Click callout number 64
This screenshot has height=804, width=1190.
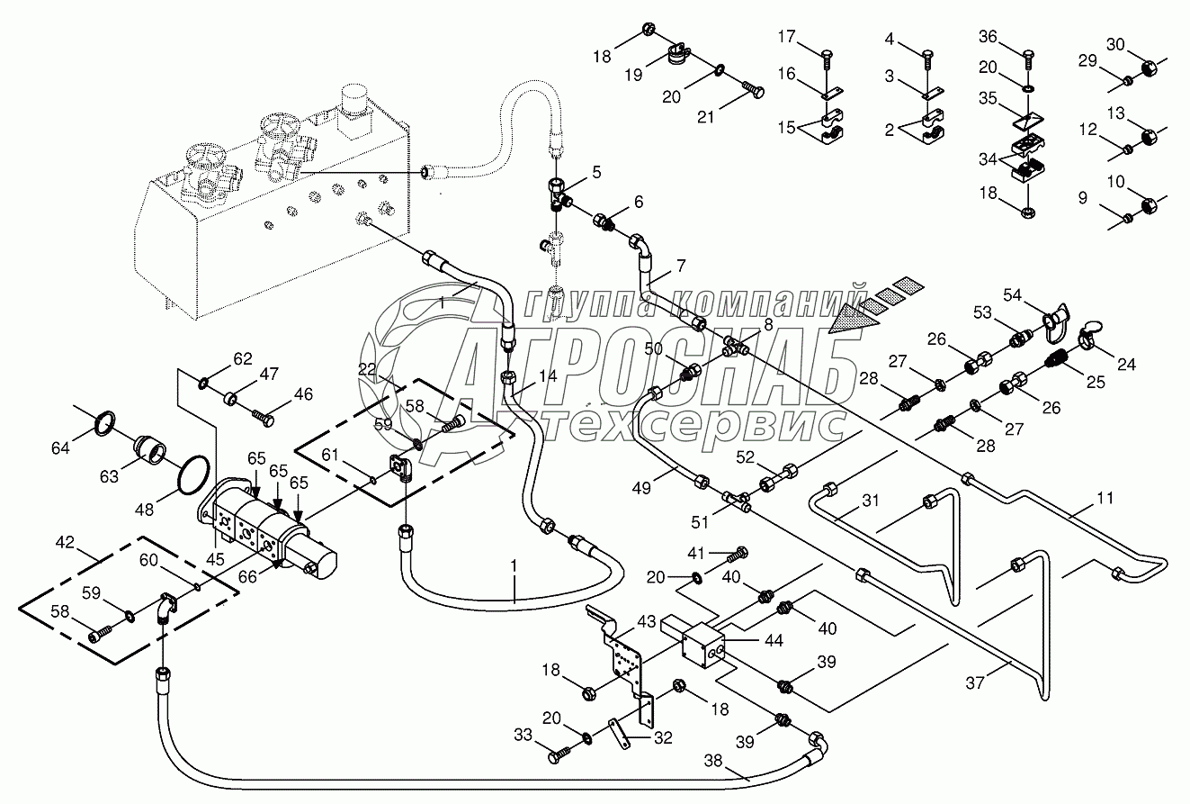[x=60, y=448]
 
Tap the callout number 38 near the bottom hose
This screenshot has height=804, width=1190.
[x=713, y=761]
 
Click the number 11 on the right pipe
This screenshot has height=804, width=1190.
[x=1105, y=498]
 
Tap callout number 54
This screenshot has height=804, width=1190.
[x=1012, y=294]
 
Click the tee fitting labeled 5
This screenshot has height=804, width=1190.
[x=558, y=194]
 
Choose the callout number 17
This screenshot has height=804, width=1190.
[x=786, y=36]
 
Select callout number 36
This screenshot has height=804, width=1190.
[x=988, y=36]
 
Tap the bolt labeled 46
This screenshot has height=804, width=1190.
[x=263, y=418]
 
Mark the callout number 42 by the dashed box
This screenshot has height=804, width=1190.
[x=65, y=542]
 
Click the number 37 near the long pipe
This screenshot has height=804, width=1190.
[x=975, y=682]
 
